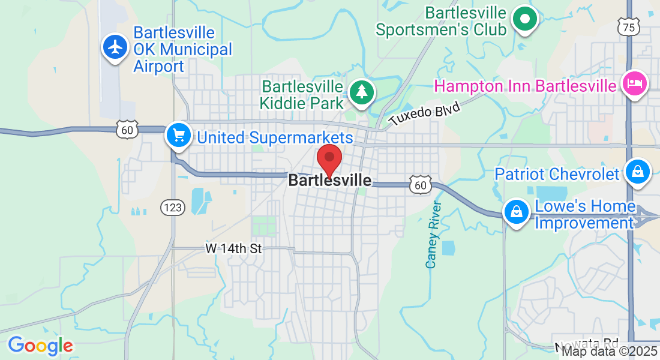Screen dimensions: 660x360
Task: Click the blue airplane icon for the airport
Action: coord(114,47)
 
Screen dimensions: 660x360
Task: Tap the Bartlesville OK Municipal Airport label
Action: coord(174,49)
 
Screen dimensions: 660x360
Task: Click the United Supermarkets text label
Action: coord(275,137)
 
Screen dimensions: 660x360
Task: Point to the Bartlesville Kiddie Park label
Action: coord(302,95)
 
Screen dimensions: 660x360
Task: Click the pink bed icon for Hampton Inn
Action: coord(635,83)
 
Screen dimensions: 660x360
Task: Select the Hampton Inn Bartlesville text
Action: coord(525,86)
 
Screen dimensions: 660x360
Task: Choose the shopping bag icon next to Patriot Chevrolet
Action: coord(638,173)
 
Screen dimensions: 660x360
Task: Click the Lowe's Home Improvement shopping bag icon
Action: coord(515,212)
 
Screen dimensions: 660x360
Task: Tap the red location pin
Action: coord(329,160)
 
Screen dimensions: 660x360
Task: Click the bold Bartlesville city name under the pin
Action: coord(329,180)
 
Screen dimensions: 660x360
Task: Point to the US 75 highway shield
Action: coord(628,26)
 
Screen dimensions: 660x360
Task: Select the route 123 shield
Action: coord(172,208)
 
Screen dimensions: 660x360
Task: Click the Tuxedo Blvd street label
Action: coord(424,113)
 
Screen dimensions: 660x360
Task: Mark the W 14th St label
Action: coord(233,248)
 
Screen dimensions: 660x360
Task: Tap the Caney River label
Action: coord(433,235)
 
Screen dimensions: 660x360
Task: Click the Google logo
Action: coord(40,346)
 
